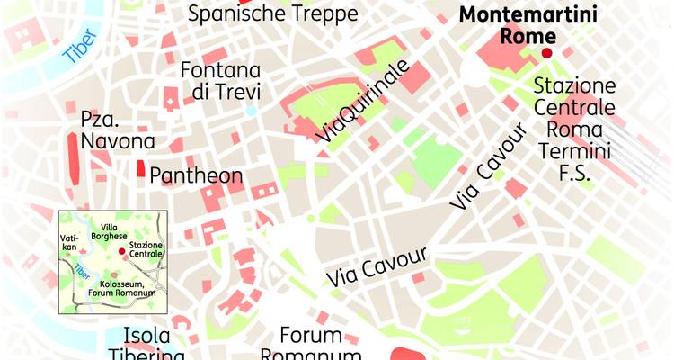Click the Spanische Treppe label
click(272, 13)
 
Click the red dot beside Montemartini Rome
click(546, 53)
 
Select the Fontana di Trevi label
click(220, 81)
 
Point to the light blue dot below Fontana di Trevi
click(251, 111)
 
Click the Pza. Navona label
click(118, 130)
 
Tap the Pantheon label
click(196, 175)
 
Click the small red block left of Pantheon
click(140, 168)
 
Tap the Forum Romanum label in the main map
click(310, 346)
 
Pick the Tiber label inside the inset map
click(82, 269)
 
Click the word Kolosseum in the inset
click(121, 283)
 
